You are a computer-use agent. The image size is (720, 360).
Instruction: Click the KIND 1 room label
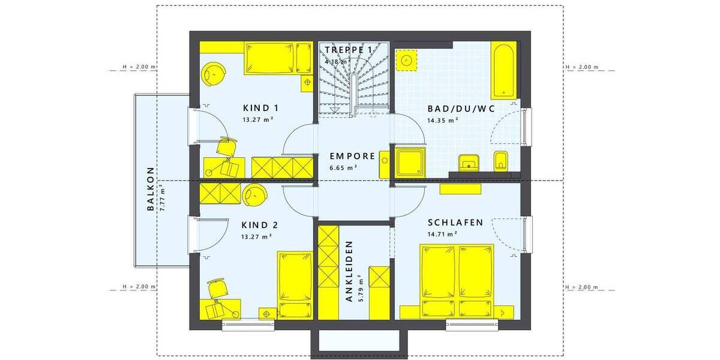point(261,108)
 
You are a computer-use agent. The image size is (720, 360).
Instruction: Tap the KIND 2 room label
point(260,225)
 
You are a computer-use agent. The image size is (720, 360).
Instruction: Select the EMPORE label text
point(352,156)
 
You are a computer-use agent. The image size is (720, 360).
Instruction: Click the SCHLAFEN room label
point(455,223)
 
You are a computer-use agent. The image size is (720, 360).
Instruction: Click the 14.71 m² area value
point(443,234)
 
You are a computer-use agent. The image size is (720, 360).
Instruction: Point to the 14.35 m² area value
point(443,120)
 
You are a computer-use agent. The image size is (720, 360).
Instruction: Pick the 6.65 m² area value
point(344,167)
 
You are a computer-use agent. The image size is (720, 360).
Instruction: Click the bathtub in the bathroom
point(503,70)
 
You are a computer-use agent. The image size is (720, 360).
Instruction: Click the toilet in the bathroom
point(502,160)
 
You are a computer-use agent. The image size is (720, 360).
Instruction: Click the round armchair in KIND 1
point(214,73)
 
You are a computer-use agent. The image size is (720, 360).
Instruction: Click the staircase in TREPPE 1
point(353,84)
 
